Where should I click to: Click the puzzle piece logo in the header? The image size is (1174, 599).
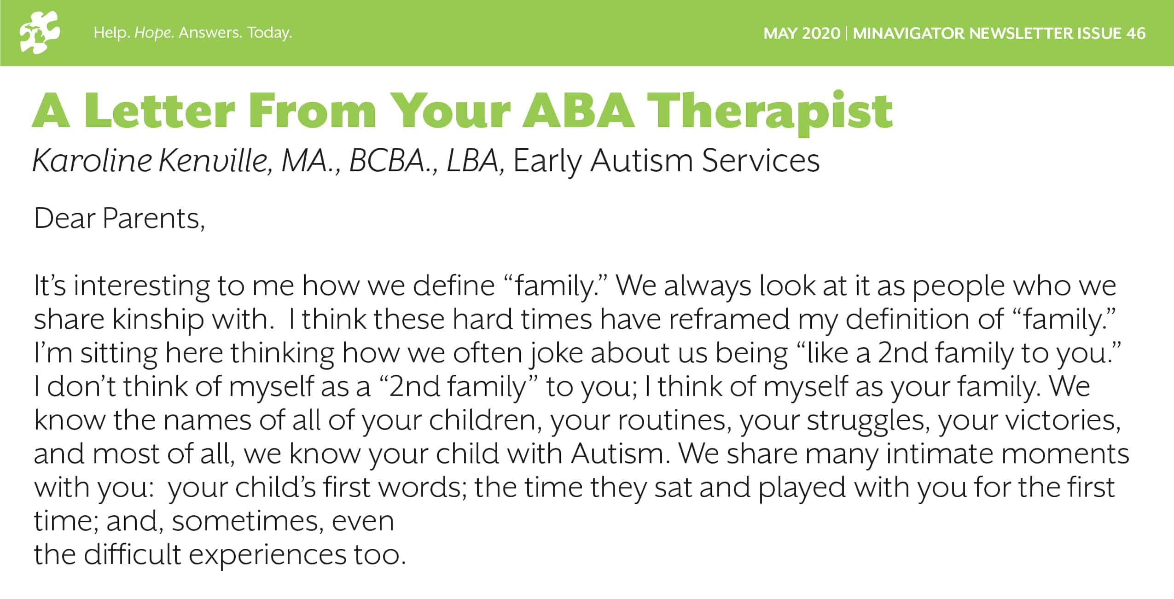coord(40,32)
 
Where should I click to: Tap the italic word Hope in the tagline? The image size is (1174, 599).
coord(152,33)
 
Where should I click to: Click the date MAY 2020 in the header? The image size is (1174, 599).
coord(802,33)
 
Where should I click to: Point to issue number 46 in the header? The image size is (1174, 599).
coord(1136,33)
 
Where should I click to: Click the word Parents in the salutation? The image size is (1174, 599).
coord(153,218)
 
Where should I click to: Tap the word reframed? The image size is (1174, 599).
coord(728,320)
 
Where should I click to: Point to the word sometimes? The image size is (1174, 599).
coord(248,522)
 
